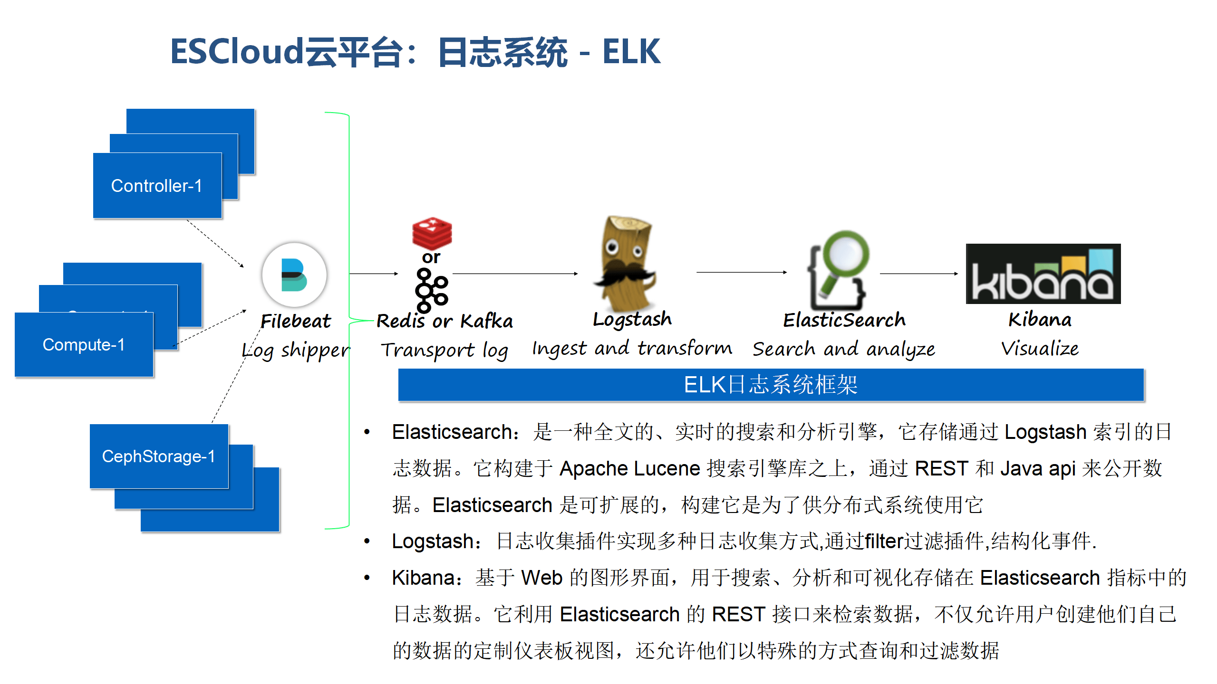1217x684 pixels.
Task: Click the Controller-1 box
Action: [x=157, y=186]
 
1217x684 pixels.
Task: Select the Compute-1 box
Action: [x=84, y=345]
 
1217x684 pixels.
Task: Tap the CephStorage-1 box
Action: [x=159, y=456]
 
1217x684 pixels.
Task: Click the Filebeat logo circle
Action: [x=294, y=275]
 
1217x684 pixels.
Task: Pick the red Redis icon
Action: [x=432, y=233]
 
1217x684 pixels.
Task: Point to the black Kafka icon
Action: [x=431, y=290]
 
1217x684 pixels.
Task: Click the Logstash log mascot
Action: [x=625, y=264]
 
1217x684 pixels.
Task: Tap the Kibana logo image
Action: [x=1043, y=274]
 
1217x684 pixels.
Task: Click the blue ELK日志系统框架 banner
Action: [x=771, y=385]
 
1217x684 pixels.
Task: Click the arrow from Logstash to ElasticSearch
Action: [x=742, y=272]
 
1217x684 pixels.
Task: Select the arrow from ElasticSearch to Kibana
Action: [x=918, y=274]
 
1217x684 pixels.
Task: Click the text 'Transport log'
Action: [x=444, y=351]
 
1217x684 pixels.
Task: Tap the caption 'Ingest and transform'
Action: [x=632, y=349]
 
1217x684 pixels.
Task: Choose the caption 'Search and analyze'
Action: [x=844, y=350]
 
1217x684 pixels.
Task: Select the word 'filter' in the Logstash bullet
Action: [x=884, y=541]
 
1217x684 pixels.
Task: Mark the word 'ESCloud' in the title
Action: [x=237, y=52]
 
